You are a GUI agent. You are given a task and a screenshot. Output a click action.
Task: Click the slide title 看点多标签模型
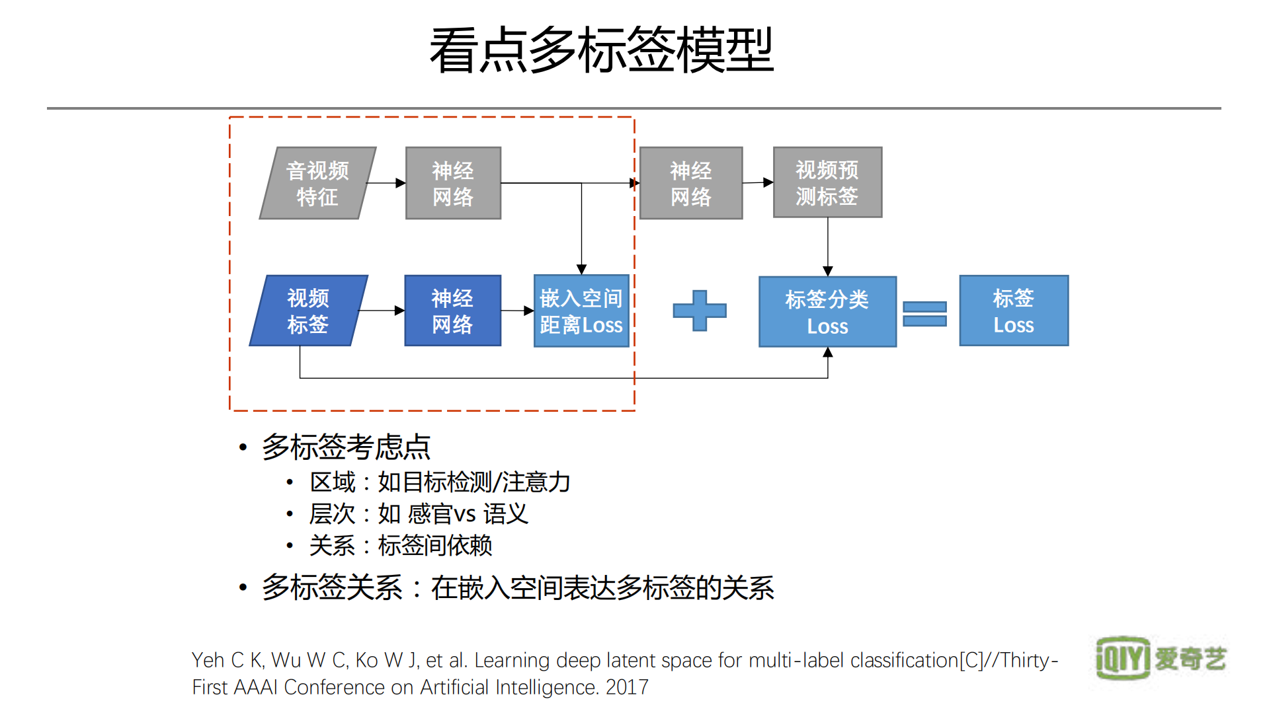(601, 50)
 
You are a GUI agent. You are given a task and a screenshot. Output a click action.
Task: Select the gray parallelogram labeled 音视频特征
(317, 183)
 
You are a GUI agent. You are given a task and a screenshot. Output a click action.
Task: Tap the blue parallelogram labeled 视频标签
(308, 311)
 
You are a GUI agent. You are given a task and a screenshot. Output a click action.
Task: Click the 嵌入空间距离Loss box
(581, 311)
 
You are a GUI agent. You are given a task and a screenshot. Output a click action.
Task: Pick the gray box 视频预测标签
(827, 182)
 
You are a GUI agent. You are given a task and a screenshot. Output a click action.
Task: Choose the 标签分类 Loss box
(827, 311)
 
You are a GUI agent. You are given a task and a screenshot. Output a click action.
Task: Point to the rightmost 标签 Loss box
(1013, 311)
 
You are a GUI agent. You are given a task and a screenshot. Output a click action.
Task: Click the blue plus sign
(699, 310)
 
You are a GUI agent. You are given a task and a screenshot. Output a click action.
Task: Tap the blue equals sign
(924, 313)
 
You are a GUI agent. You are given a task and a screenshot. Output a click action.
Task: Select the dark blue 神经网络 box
(452, 311)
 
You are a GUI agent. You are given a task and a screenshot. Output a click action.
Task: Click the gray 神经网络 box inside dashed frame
(453, 183)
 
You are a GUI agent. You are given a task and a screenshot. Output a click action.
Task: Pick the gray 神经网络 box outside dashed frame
(690, 183)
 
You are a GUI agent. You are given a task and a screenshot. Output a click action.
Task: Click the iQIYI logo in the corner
(1161, 657)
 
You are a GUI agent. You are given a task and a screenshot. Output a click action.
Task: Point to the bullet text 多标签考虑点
(346, 447)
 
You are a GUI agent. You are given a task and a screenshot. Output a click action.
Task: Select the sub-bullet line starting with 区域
(440, 482)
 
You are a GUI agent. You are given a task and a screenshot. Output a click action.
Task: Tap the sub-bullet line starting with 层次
(419, 513)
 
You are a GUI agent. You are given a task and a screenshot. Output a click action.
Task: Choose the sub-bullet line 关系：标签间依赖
(401, 545)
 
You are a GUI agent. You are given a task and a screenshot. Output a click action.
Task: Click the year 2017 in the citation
(627, 687)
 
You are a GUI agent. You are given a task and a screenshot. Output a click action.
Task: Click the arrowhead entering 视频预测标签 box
(768, 182)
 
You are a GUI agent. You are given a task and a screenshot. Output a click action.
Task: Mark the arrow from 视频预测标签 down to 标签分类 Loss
(827, 246)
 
